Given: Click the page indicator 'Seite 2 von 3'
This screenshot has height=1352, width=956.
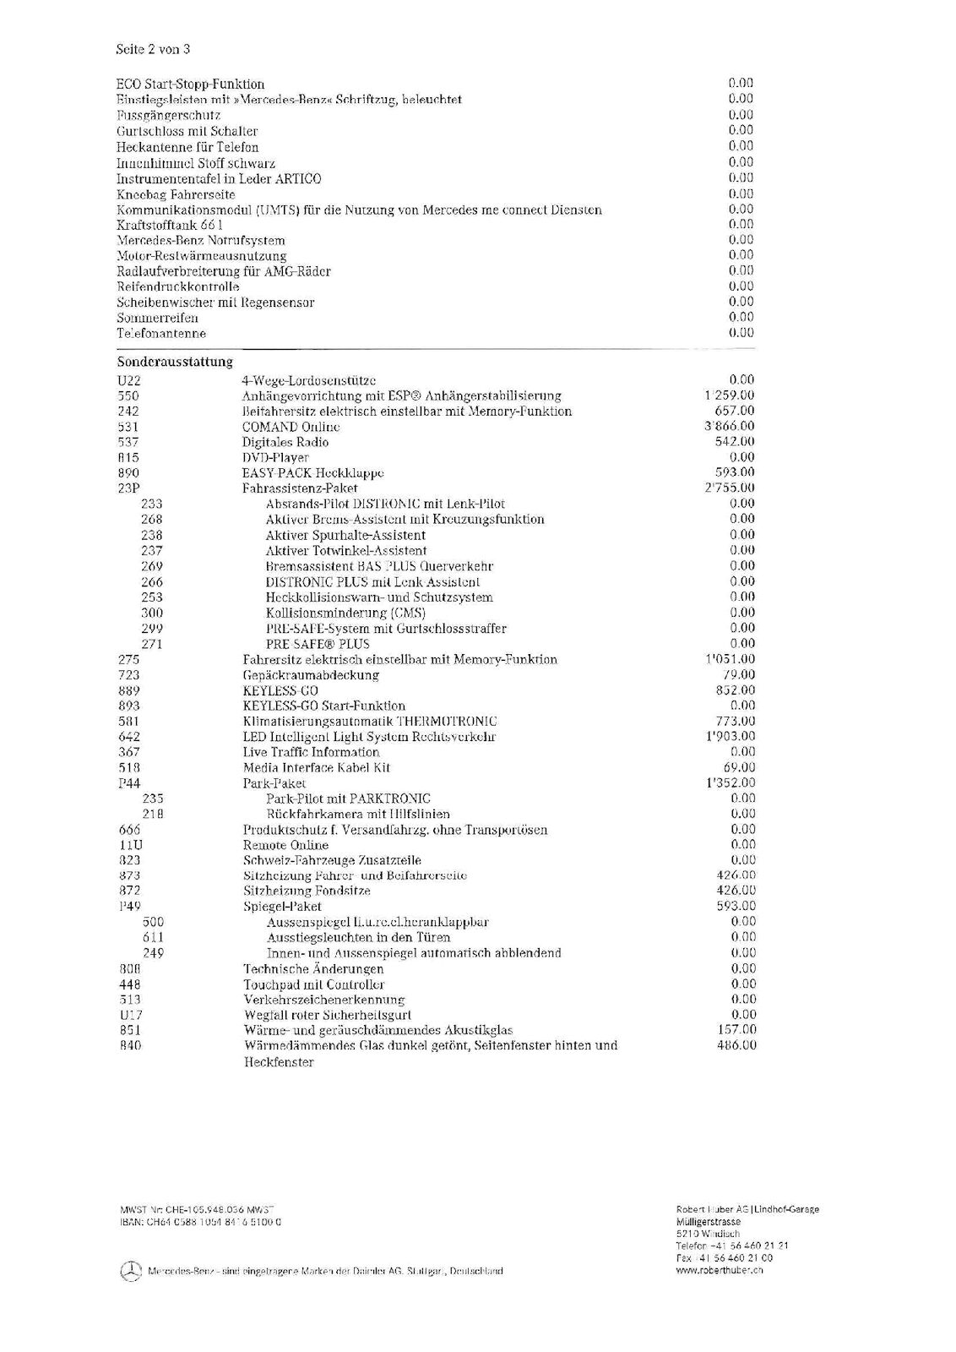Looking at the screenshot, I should [152, 49].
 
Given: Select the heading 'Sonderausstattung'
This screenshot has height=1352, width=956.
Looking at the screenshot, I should [174, 362].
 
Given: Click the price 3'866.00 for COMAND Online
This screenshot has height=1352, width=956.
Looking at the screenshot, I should [730, 427].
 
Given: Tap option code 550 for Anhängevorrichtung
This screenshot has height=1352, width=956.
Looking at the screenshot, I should [129, 395].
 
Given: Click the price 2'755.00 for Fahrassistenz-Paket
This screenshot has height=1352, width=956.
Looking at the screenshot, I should [730, 488].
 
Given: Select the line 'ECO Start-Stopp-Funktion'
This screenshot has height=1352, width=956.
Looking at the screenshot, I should [190, 84].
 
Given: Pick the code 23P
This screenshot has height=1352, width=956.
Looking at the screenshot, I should [129, 488].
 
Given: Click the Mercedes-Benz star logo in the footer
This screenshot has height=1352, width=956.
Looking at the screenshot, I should [129, 1271].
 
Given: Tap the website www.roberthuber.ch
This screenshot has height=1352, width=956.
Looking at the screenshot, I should [720, 1271].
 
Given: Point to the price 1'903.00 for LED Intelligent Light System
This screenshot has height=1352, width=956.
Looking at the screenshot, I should [730, 736].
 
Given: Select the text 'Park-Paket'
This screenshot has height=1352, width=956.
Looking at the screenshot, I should [274, 782].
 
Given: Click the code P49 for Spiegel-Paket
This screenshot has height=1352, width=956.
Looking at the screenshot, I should [129, 906].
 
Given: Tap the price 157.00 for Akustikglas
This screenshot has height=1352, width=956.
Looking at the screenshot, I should [736, 1029].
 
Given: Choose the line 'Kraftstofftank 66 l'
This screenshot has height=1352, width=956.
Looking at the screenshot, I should [169, 225].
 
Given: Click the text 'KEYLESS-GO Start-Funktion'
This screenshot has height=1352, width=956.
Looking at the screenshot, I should [324, 706].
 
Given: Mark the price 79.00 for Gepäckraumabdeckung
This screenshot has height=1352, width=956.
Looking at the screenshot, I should [741, 674].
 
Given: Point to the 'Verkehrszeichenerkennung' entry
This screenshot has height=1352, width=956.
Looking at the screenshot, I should [324, 999].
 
